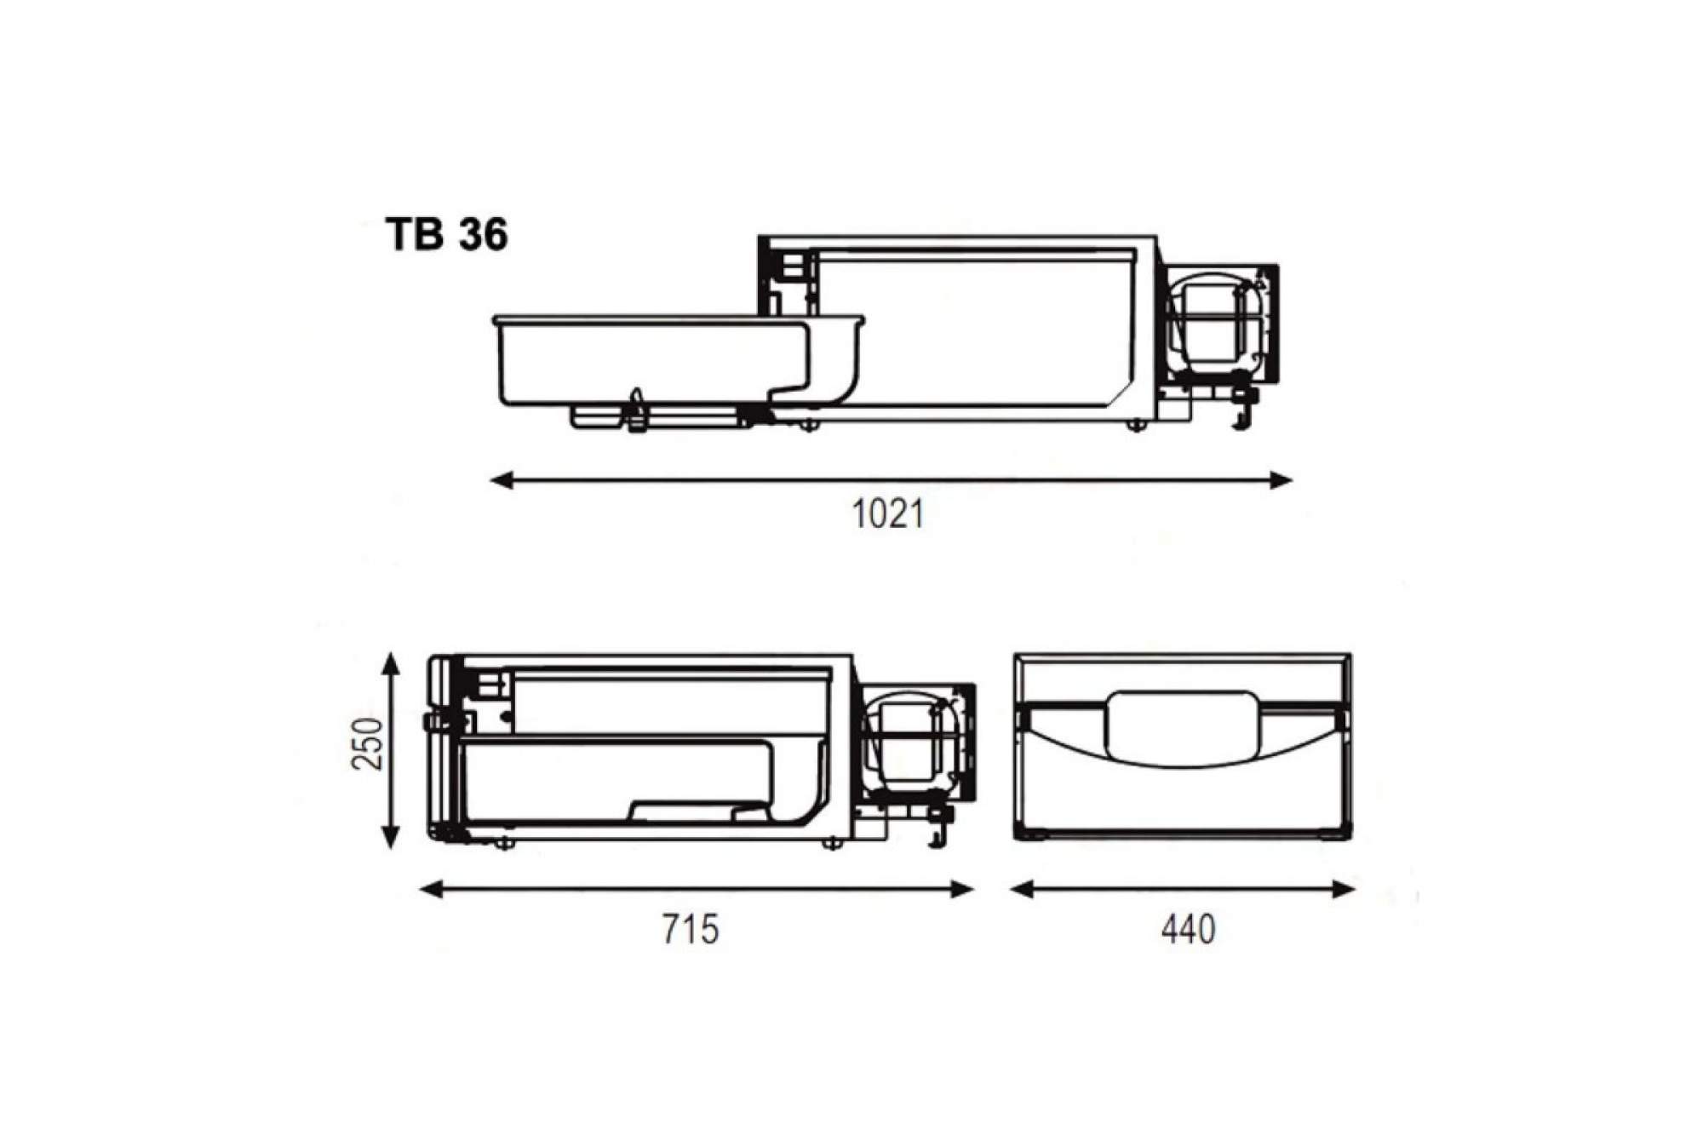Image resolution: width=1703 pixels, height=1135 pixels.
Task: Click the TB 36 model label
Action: point(447,234)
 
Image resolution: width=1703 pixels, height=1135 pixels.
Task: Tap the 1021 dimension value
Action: point(888,514)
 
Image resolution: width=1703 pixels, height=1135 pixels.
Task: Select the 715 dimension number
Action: point(691,929)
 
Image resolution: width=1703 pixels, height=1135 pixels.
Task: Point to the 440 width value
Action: point(1188,929)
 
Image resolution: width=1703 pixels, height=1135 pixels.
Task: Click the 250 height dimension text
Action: point(368,743)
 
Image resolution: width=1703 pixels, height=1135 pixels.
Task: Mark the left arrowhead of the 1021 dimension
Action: point(502,481)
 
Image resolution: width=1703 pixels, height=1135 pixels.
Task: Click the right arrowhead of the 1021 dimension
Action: point(1282,481)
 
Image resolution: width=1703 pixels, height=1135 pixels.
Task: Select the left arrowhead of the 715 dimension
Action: point(432,890)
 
